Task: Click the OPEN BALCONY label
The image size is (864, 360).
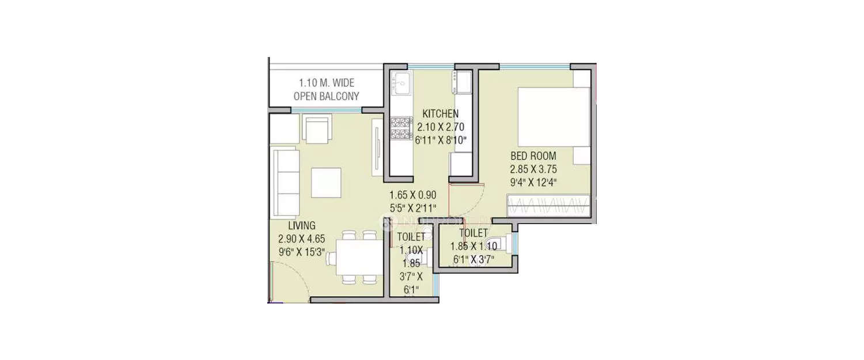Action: (x=327, y=96)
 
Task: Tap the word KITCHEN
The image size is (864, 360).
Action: (x=441, y=114)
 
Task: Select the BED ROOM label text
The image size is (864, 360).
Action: (x=533, y=156)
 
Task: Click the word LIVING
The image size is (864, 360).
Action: (x=302, y=225)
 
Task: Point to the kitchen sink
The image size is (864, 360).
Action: (x=401, y=82)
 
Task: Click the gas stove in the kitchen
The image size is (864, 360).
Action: (x=401, y=128)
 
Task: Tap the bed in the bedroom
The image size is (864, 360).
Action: (x=554, y=117)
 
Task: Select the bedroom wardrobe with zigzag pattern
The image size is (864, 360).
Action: (x=548, y=206)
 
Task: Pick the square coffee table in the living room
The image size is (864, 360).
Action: (x=327, y=183)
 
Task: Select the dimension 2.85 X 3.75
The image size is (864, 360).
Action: (x=533, y=169)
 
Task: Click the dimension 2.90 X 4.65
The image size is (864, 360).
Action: (x=302, y=239)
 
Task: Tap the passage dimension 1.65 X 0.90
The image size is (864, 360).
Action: (x=413, y=195)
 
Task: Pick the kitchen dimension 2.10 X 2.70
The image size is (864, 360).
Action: (x=441, y=127)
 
